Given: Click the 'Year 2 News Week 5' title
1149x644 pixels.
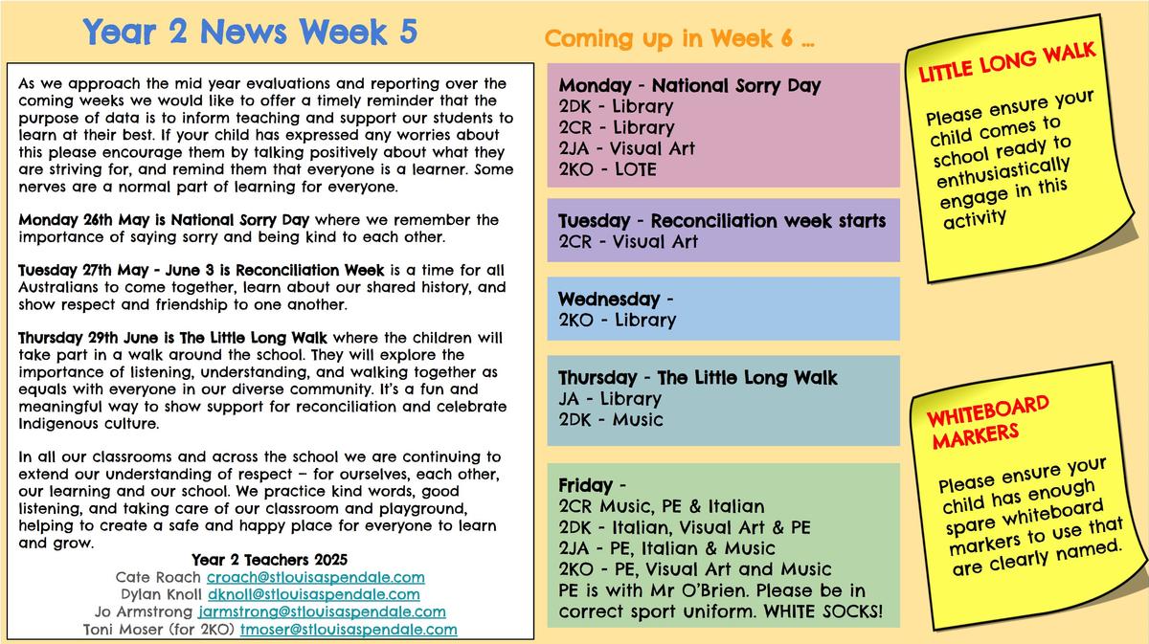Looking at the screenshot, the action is (x=250, y=32).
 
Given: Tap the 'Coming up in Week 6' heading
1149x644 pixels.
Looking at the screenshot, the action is (x=679, y=38).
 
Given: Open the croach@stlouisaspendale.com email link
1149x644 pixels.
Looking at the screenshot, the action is (x=315, y=577).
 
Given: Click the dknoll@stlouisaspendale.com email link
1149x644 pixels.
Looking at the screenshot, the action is (x=313, y=594).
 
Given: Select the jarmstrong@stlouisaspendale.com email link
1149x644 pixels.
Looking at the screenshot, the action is (x=322, y=611).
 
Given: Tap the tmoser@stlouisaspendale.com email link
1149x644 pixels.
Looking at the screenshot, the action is (x=349, y=629).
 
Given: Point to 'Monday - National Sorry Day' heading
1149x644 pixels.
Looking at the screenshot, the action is (x=689, y=85).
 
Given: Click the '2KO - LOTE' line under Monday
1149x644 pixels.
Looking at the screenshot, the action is (x=607, y=169).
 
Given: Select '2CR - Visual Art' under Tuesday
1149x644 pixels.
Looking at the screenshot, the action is (x=628, y=241).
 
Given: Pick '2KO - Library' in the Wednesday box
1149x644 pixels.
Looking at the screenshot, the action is (x=617, y=320).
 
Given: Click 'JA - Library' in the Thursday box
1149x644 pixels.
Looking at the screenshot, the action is (x=610, y=398).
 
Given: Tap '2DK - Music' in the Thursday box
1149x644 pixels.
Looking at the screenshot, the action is (x=611, y=419).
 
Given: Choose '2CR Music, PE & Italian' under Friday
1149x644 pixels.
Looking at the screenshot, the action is (x=662, y=506).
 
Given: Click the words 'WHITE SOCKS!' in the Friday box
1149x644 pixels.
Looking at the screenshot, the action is (x=822, y=611).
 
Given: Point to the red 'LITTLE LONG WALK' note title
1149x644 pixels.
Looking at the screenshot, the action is (x=1007, y=62).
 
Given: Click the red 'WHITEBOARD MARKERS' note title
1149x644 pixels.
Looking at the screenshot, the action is (x=987, y=422).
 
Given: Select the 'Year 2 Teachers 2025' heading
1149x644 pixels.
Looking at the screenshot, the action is (x=269, y=560).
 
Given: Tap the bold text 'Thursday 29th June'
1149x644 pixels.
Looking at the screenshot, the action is (x=88, y=338).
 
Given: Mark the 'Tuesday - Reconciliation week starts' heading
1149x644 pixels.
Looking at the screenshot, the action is (x=722, y=221).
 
